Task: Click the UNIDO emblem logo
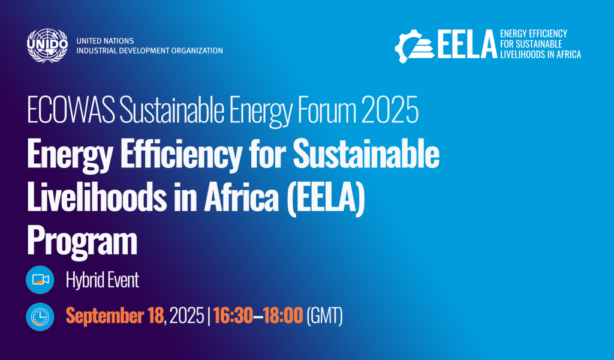(47, 46)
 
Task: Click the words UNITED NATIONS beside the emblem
(105, 41)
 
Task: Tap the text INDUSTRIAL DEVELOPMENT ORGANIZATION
(149, 50)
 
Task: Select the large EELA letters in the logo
(467, 44)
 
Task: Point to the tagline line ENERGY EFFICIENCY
(533, 34)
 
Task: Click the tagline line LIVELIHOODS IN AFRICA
(540, 55)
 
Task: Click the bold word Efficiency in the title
(181, 154)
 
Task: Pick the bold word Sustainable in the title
(366, 154)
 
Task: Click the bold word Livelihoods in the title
(97, 197)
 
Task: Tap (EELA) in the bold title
(326, 198)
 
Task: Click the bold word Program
(82, 242)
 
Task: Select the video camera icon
(40, 280)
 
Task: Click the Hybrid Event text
(103, 280)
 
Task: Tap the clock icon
(40, 317)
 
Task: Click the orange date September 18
(115, 316)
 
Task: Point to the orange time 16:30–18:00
(258, 316)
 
